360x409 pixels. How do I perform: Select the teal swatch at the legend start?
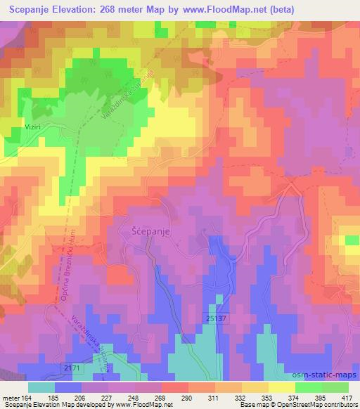(x=41, y=387)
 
